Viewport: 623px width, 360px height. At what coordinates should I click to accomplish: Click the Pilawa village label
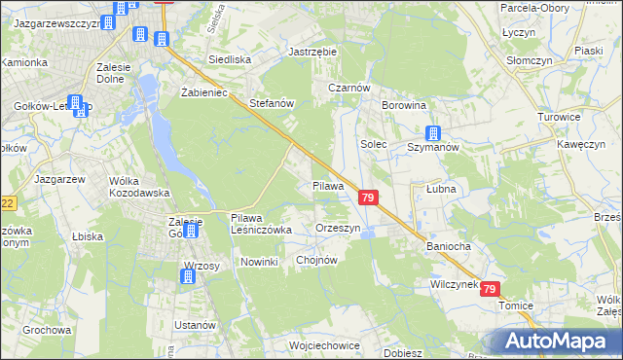[328, 185]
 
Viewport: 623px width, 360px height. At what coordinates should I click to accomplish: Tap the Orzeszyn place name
[339, 228]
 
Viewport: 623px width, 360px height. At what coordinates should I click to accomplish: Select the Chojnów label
[315, 260]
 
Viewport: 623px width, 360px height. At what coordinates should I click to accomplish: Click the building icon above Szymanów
[434, 133]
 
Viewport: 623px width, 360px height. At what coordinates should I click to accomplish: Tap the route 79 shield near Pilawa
[368, 198]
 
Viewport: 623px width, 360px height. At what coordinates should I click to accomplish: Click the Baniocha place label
[449, 246]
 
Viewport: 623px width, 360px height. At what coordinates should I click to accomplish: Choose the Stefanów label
[272, 102]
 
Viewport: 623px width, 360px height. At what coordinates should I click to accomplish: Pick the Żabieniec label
[203, 92]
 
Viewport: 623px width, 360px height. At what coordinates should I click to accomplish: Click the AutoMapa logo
[558, 341]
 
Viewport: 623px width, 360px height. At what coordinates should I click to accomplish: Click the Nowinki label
[260, 263]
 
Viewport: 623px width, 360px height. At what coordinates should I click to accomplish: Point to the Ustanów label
[194, 324]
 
